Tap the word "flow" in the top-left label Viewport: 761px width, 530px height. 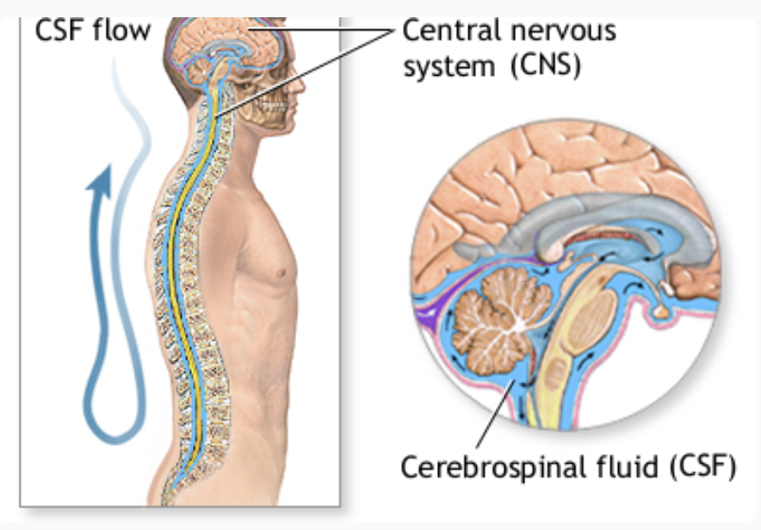tap(127, 30)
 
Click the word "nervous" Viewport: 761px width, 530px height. tap(566, 32)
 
